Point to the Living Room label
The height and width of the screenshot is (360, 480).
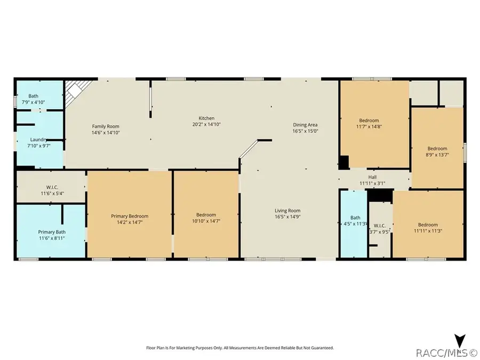[x=287, y=211]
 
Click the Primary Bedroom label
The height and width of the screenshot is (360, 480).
[x=130, y=216]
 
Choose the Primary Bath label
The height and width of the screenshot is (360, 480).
[x=51, y=232]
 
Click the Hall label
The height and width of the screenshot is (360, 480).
[x=372, y=177]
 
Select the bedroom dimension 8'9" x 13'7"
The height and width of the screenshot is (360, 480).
[x=437, y=155]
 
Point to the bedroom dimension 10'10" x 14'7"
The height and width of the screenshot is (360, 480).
[x=206, y=221]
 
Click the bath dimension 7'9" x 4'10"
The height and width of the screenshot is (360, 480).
[x=33, y=102]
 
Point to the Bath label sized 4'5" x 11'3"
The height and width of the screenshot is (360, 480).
[x=355, y=218]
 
